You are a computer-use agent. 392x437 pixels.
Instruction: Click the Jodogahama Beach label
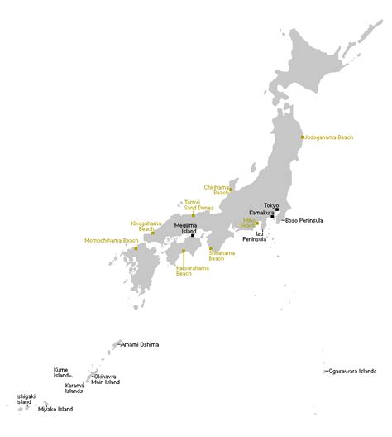coord(330,137)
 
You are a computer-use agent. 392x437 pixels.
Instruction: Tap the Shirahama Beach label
coord(222,255)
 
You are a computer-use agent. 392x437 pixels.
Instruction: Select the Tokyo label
coord(271,204)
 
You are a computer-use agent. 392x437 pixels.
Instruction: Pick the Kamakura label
coord(262,213)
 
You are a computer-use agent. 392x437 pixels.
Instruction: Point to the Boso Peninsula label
coord(304,221)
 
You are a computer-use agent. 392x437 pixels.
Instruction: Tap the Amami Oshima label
coord(140,344)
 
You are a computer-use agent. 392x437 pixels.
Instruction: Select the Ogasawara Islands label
coord(351,371)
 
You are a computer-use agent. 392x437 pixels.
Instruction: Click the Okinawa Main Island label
coord(105,379)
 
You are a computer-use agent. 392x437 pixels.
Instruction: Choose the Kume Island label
coord(61,372)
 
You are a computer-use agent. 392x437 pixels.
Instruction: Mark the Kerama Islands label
coord(74,388)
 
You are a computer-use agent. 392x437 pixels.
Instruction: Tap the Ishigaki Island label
coord(26,399)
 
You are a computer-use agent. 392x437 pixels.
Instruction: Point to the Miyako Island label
coord(55,410)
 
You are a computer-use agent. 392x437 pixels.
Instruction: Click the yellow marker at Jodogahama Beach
coord(303,137)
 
